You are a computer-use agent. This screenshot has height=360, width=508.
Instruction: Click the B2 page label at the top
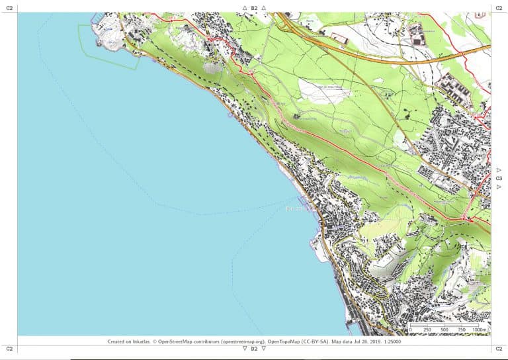(254, 8)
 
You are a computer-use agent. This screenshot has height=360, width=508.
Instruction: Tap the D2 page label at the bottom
(254, 348)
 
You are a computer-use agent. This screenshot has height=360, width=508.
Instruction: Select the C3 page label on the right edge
(499, 178)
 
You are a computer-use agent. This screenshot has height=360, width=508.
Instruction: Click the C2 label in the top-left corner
(9, 8)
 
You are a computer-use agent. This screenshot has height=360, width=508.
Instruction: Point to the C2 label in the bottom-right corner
(499, 348)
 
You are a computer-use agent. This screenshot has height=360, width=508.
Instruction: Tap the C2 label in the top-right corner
(499, 8)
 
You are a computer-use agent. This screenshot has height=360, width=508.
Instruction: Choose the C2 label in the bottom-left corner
(9, 348)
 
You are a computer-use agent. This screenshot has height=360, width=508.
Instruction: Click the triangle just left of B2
(245, 8)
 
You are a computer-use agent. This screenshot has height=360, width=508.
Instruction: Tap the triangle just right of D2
(263, 348)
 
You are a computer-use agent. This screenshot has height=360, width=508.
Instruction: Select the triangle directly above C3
(499, 170)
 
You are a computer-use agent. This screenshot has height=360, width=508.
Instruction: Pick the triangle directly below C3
(499, 187)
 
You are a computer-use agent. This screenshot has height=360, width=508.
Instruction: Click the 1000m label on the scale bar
(480, 329)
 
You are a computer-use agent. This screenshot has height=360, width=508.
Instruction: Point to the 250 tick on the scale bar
(427, 329)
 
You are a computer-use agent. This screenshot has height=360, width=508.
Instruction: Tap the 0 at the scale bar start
(410, 329)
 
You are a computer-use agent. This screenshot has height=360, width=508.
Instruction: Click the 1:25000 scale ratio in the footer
(388, 342)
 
